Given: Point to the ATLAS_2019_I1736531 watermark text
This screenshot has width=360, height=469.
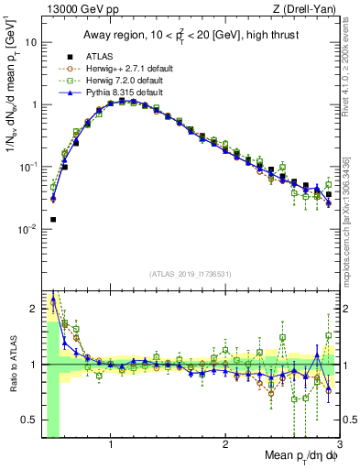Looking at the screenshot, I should (x=191, y=273).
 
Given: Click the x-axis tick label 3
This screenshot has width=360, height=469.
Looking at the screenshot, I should (x=339, y=446).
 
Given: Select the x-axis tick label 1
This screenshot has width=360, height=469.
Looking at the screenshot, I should (x=111, y=446).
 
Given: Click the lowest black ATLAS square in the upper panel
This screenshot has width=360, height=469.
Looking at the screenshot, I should (x=53, y=220).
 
